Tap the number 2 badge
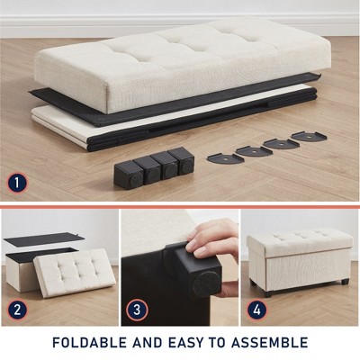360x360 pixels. coord(17,310)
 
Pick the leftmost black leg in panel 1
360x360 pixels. coord(125,172)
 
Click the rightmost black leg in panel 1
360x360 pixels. coord(184,161)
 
